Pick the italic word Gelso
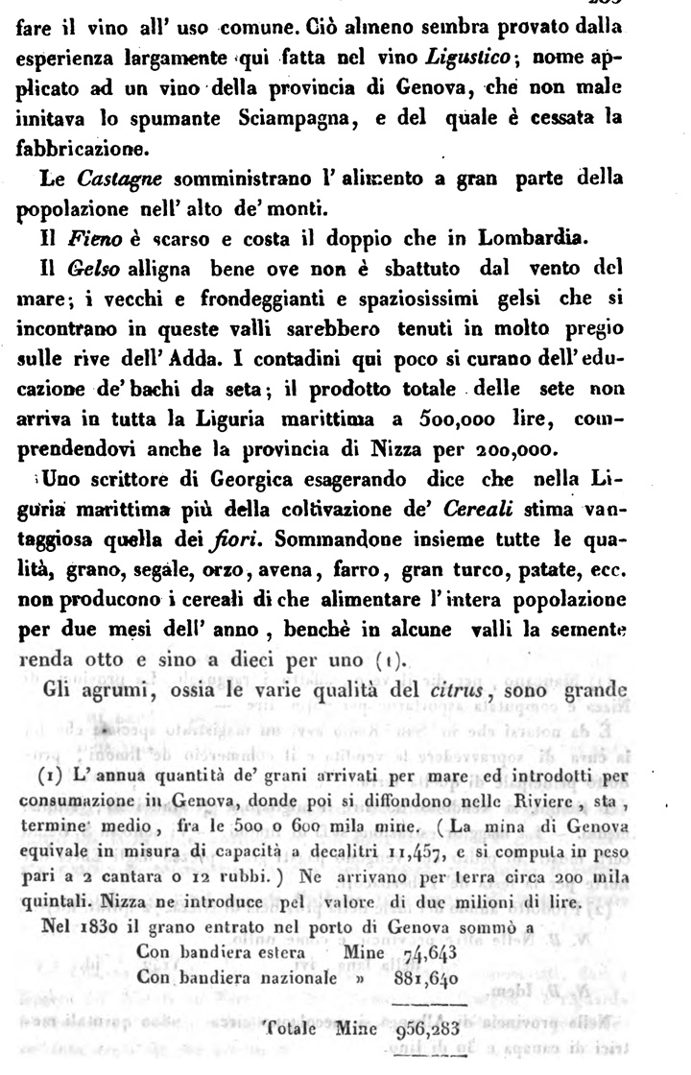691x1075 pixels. point(96,265)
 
